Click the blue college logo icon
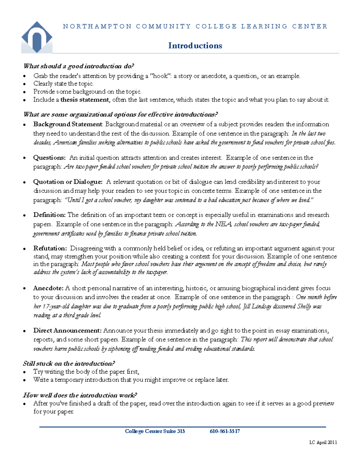coord(37,38)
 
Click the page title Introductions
coord(195,46)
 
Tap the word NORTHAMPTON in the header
coord(97,26)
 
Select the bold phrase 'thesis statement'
coord(85,100)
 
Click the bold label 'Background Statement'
coord(68,124)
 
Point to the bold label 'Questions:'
coord(49,158)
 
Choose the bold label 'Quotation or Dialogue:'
coord(68,182)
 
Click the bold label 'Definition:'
coord(49,215)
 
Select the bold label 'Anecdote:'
coord(48,288)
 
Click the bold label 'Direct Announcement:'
coord(67,330)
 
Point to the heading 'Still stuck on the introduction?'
coord(69,363)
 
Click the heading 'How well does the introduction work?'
coord(80,395)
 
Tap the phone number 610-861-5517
coord(225,431)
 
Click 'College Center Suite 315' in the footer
coord(155,431)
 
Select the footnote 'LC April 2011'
coord(323,442)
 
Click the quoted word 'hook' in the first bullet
coord(160,76)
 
